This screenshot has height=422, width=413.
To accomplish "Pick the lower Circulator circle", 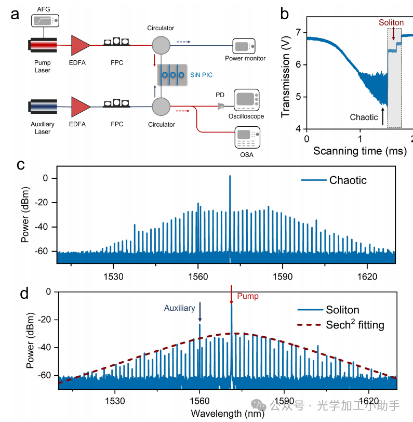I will (x=161, y=106).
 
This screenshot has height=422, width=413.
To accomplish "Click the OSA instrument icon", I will (x=248, y=136).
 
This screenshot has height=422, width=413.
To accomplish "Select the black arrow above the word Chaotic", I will (x=383, y=116).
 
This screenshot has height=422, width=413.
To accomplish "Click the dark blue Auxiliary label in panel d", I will (x=180, y=308).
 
